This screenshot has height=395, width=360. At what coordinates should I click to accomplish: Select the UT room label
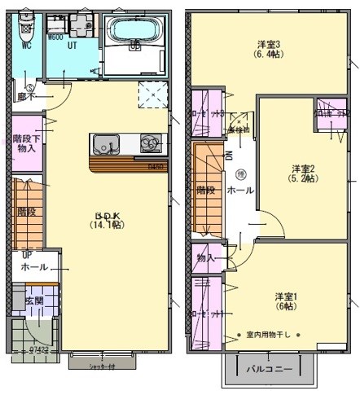(x=72, y=46)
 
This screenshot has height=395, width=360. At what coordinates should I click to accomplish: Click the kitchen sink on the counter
(x=104, y=145)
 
